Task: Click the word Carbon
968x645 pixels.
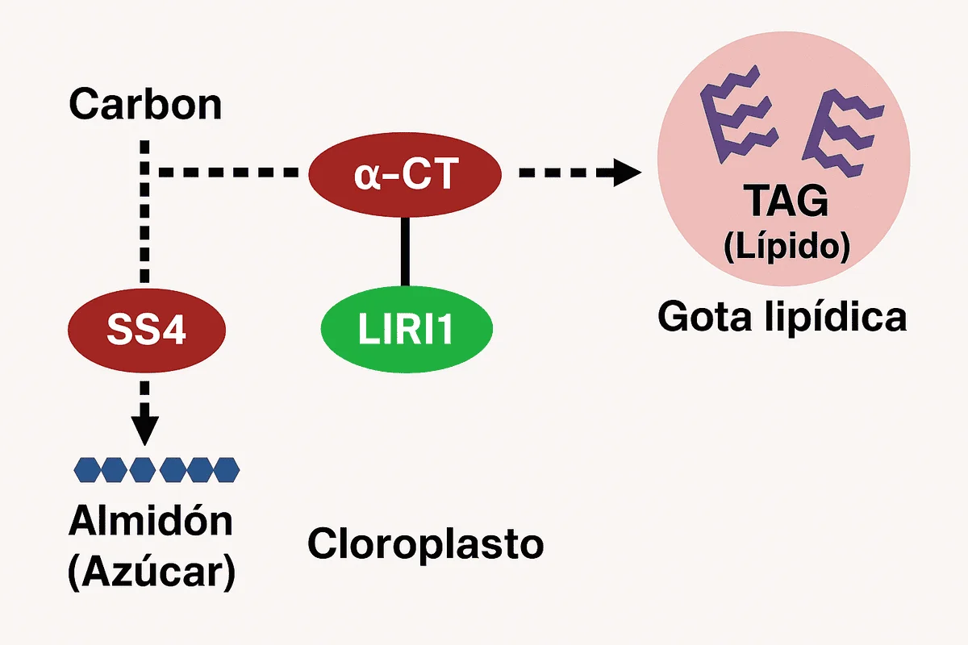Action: [144, 104]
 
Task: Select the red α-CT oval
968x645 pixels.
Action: [405, 175]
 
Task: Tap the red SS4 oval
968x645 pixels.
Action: [147, 330]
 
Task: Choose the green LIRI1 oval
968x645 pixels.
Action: [407, 331]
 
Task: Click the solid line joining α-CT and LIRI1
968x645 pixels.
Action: [405, 250]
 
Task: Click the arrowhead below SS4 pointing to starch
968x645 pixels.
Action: [144, 428]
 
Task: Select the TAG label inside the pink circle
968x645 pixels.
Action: [786, 202]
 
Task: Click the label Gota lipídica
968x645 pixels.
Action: [782, 317]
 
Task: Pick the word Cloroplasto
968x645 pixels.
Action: [426, 545]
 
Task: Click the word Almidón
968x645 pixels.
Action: [151, 522]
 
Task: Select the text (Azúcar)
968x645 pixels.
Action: [151, 572]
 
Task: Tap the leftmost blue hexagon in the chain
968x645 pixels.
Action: [87, 468]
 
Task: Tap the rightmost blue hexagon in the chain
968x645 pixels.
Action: [226, 468]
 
